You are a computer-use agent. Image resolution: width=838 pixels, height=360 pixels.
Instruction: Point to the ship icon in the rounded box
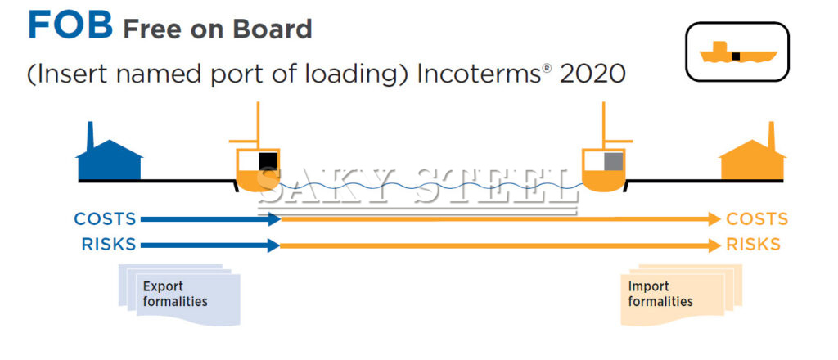(x=737, y=55)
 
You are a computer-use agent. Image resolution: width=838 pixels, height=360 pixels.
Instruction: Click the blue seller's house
(x=108, y=160)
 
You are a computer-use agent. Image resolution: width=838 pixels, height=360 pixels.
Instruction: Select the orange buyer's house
(x=751, y=161)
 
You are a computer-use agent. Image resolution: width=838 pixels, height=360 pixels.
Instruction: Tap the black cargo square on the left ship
(x=268, y=162)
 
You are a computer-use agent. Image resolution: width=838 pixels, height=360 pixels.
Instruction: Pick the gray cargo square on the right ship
(x=613, y=162)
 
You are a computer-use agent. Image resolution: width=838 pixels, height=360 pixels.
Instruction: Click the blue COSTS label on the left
(x=105, y=219)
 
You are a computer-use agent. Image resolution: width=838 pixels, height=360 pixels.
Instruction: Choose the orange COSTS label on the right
(x=757, y=219)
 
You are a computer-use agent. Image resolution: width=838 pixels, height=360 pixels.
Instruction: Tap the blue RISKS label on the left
(x=108, y=244)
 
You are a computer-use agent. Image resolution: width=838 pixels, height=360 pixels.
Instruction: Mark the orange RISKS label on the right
(x=753, y=244)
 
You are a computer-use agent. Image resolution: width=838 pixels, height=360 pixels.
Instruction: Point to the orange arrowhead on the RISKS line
(x=714, y=244)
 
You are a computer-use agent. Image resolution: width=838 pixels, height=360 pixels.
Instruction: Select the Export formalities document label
(x=175, y=294)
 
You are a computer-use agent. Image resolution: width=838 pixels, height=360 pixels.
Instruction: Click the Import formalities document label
(x=660, y=294)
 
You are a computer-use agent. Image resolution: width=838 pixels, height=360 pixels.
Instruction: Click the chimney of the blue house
(x=90, y=134)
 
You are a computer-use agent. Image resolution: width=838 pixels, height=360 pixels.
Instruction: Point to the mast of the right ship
(x=604, y=123)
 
